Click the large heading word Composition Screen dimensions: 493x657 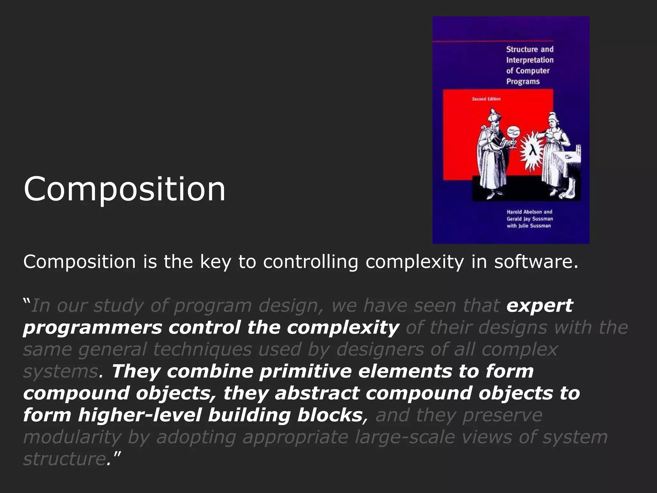point(124,189)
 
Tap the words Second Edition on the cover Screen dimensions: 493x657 point(486,99)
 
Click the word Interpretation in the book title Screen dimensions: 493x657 point(530,60)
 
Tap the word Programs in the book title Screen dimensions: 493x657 point(523,82)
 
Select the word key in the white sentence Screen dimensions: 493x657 point(215,262)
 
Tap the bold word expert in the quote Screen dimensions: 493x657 point(539,306)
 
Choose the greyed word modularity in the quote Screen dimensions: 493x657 point(72,437)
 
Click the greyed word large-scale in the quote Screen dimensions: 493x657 point(405,437)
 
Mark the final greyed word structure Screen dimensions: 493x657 point(64,459)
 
